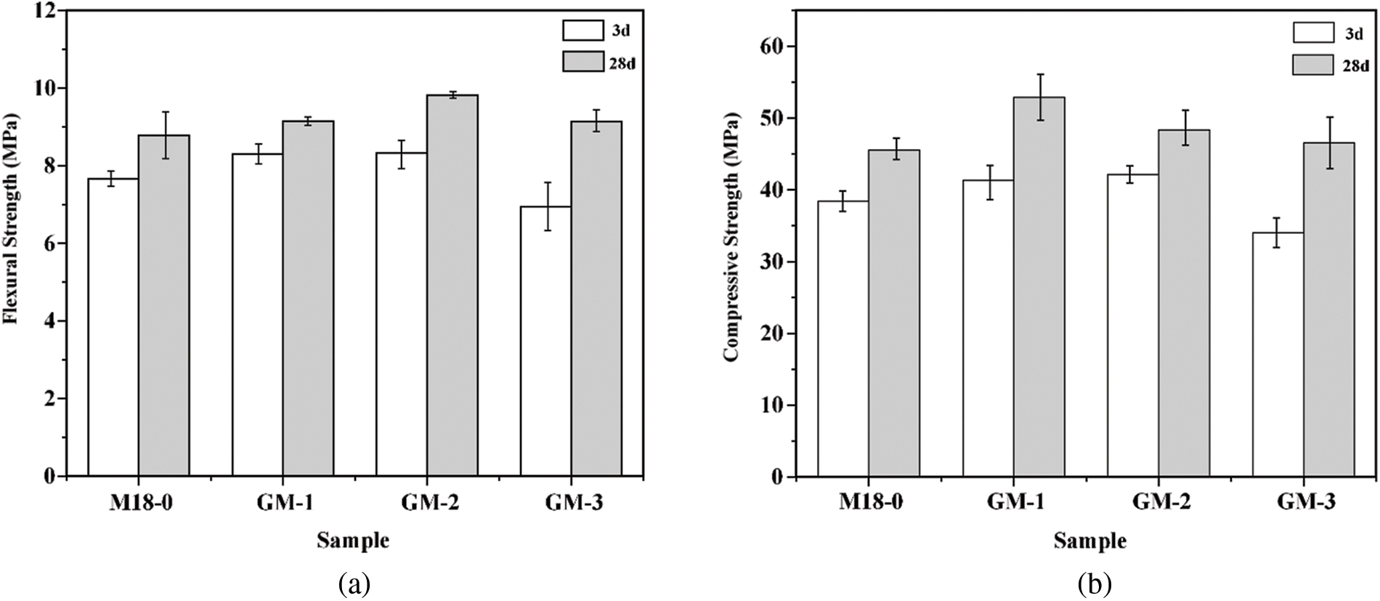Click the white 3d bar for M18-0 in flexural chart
point(113,327)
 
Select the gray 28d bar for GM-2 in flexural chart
point(452,285)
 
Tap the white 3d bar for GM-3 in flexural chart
point(545,342)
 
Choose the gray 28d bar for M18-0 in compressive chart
point(894,313)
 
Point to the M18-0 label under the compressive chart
point(872,503)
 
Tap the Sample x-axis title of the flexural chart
point(353,541)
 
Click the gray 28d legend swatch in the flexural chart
point(583,62)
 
